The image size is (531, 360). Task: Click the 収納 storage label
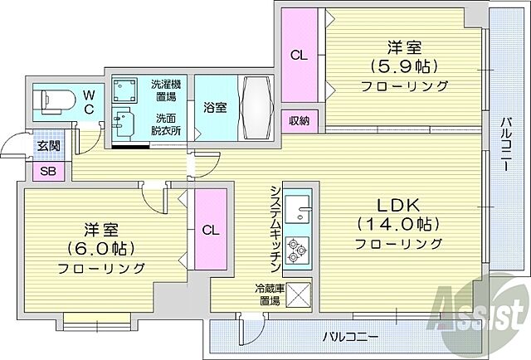(x=299, y=120)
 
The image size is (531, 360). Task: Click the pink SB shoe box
(x=46, y=172)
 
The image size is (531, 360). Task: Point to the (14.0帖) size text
(x=397, y=224)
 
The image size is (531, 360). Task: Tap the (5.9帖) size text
(x=404, y=65)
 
